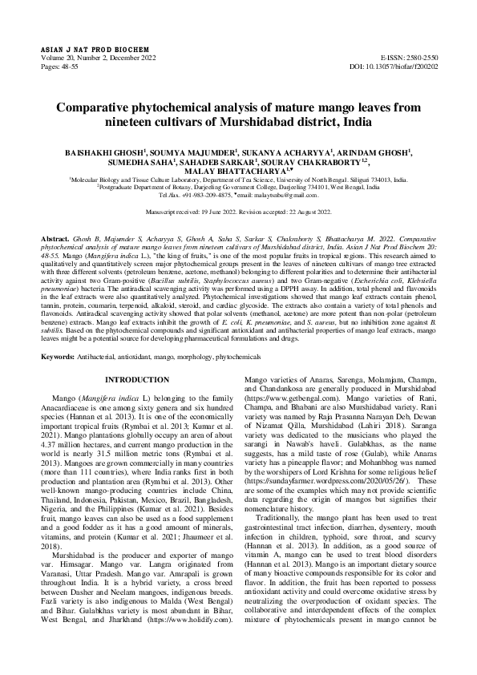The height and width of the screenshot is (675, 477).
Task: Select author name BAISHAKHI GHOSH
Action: (x=118, y=151)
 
